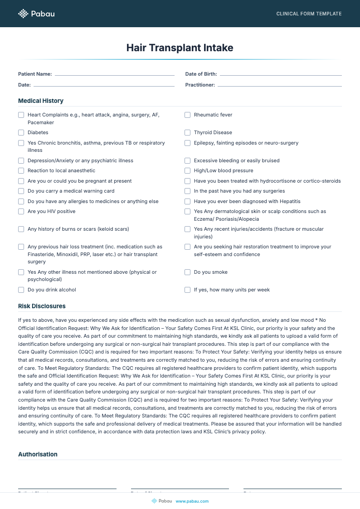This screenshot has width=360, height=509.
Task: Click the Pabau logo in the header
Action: [36, 14]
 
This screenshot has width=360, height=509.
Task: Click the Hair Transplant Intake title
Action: [180, 48]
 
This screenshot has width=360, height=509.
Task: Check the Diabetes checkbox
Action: [21, 133]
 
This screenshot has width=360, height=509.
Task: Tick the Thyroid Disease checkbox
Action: [188, 133]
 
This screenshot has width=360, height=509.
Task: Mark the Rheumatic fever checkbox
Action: [188, 115]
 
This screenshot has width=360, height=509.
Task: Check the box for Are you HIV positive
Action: [21, 212]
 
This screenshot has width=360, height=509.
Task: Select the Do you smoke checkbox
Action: [188, 272]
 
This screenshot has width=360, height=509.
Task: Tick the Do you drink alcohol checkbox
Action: [21, 290]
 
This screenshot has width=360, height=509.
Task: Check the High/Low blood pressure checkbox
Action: [188, 171]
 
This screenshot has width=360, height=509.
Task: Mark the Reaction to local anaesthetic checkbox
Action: [21, 171]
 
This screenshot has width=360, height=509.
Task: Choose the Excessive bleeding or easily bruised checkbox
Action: [188, 161]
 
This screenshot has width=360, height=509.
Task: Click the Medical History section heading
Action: [41, 101]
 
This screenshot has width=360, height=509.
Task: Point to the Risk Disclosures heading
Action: [42, 306]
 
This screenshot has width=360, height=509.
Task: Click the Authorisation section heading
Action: [38, 454]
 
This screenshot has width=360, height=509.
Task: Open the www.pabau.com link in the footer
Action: [192, 501]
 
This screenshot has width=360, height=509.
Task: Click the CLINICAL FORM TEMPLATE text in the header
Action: [309, 14]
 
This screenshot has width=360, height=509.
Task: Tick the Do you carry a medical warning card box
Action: [21, 191]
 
